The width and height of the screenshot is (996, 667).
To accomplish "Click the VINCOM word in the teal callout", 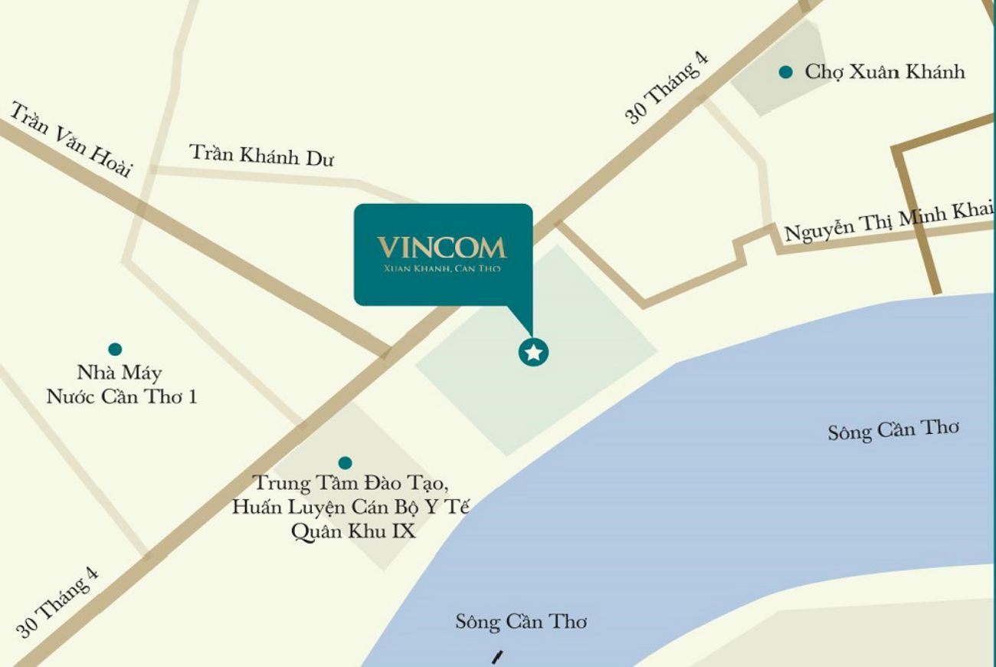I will point(441,247).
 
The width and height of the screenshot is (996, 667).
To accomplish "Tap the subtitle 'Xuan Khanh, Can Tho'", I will point(441,269).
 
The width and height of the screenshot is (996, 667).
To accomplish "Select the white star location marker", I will point(534,353).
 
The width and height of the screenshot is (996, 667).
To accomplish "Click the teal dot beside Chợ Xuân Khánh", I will point(785,73).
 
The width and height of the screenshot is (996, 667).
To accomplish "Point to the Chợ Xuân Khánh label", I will point(884,72).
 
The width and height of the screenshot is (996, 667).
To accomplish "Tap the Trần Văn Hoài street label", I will point(70,139).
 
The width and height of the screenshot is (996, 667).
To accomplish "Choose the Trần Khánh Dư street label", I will point(262,155).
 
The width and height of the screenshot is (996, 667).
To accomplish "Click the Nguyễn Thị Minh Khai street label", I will point(889,221).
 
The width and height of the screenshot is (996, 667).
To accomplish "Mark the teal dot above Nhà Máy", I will point(115,350).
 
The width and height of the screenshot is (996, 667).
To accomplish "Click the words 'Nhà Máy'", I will point(120,374).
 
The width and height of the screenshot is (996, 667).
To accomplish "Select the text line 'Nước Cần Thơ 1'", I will point(122,398).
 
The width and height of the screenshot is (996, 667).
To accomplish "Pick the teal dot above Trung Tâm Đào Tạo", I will point(346,463).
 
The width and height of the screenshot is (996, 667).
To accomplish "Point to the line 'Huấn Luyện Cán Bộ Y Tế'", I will point(351,508).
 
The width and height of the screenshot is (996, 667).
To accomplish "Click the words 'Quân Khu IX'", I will point(354,531).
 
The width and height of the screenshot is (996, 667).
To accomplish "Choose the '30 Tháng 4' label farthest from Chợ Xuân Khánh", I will point(58,601).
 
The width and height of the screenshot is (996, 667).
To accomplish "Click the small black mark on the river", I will point(498,657).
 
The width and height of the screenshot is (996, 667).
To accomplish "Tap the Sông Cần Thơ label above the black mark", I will point(521,622).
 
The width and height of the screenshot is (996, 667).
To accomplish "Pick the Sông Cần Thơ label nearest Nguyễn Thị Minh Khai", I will point(893,430).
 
